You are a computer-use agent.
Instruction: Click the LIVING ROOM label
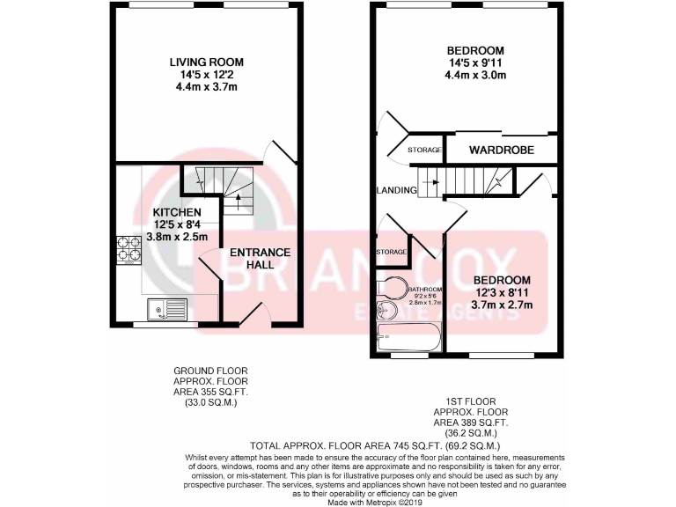tap(207, 62)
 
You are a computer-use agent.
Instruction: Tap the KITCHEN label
tap(178, 213)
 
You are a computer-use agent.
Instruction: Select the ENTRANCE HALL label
tap(260, 260)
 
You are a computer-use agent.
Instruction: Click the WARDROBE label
tap(501, 150)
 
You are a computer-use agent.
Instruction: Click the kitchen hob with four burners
tap(129, 250)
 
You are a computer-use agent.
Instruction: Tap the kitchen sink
tap(167, 309)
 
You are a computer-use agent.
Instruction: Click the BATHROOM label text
tap(423, 290)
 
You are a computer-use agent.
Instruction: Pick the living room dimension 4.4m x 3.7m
tap(207, 88)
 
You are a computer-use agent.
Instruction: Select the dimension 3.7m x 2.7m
tap(503, 305)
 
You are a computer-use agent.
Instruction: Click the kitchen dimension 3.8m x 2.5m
tap(178, 238)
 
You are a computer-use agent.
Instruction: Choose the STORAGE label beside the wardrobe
tap(424, 151)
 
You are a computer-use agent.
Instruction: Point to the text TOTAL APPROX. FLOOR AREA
tap(299, 445)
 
